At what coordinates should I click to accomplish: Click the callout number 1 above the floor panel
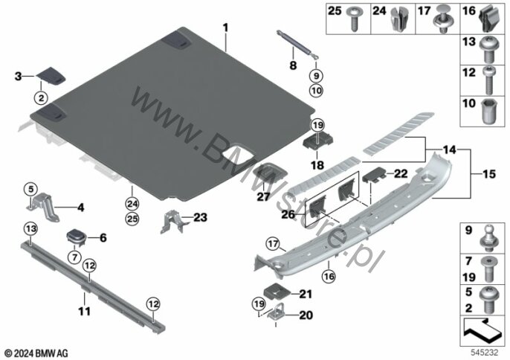[225, 28]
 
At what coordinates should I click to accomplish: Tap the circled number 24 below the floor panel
[132, 204]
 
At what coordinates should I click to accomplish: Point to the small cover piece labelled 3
[51, 76]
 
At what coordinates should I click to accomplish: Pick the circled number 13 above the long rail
[31, 229]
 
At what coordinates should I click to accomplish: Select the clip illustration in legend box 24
[398, 19]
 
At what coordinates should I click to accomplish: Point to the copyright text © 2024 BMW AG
[36, 353]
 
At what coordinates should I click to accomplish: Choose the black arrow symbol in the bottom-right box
[482, 331]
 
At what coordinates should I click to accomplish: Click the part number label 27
[263, 196]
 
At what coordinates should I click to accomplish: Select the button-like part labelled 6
[76, 237]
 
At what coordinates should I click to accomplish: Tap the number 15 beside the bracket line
[489, 174]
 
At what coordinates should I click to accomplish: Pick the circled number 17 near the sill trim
[273, 243]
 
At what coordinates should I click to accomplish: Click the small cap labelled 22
[374, 175]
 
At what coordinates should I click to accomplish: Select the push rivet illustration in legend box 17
[442, 19]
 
